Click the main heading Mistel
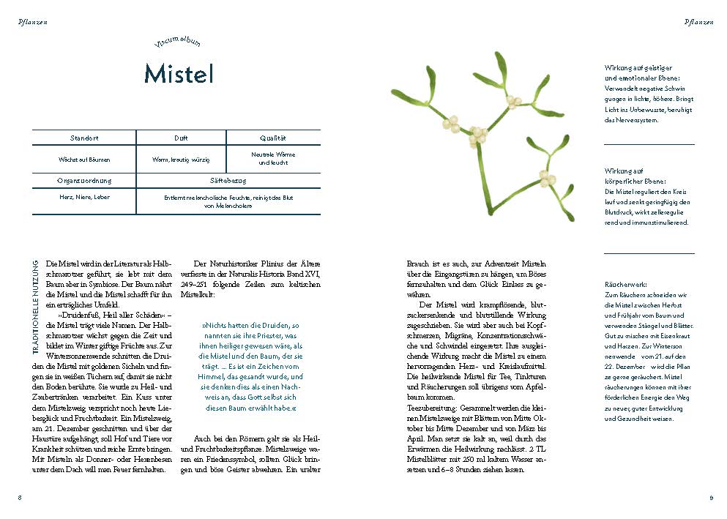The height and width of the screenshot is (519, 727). click(x=178, y=73)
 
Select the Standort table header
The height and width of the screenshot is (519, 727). click(x=84, y=138)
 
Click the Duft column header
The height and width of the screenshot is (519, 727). click(x=181, y=138)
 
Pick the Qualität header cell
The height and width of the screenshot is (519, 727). click(x=272, y=138)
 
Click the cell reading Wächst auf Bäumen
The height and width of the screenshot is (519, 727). click(x=84, y=158)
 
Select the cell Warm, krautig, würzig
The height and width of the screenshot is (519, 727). click(x=181, y=158)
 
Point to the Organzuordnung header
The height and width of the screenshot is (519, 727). click(x=84, y=180)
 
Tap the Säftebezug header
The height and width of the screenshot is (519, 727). click(x=228, y=180)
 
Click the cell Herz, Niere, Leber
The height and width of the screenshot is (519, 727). click(x=84, y=197)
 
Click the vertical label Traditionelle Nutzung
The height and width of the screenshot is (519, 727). click(x=36, y=307)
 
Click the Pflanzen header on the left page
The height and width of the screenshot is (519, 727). click(x=33, y=22)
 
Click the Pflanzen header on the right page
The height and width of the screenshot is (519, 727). click(x=698, y=22)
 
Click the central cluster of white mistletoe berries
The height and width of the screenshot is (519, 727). click(x=477, y=135)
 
